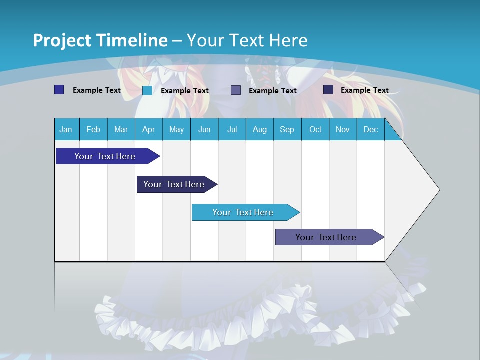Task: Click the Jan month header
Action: click(x=66, y=129)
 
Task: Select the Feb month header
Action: click(x=93, y=129)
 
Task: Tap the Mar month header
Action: click(x=121, y=129)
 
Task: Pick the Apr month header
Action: click(x=149, y=129)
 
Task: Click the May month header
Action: click(x=176, y=129)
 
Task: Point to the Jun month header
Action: click(x=204, y=129)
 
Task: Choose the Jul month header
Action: click(x=232, y=129)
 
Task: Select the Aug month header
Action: click(x=260, y=129)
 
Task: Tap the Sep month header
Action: click(x=287, y=129)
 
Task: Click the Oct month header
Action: click(x=315, y=129)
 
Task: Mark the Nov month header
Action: click(x=343, y=129)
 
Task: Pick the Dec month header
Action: click(x=371, y=129)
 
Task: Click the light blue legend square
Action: click(x=147, y=90)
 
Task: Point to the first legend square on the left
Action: click(x=59, y=90)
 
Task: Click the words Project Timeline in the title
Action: click(x=100, y=40)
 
